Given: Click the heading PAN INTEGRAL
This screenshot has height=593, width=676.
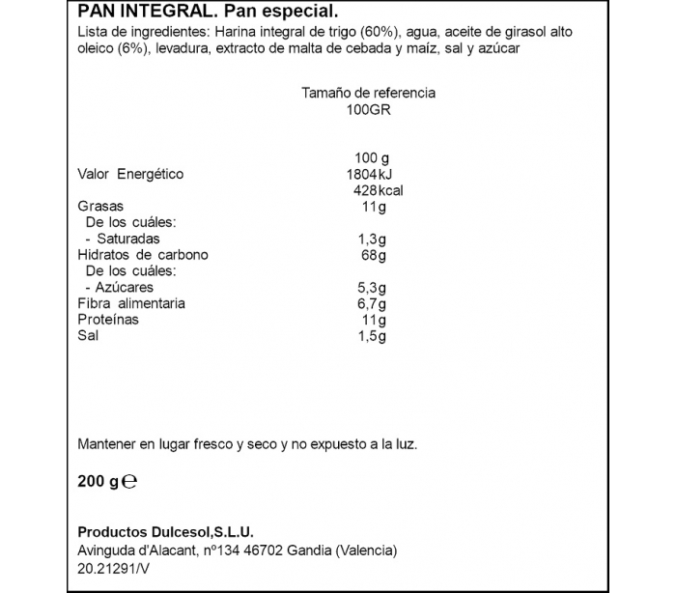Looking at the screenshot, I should coord(141,13).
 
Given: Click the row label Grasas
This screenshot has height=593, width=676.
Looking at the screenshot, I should coord(99,207).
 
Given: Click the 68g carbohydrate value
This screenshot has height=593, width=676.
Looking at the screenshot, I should coord(371,255).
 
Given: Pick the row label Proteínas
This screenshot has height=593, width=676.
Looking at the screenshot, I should coord(107,319).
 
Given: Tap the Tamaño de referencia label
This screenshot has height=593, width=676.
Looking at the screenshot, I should coord(369,93).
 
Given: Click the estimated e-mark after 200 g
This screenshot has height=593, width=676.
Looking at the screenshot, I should coord(131,480).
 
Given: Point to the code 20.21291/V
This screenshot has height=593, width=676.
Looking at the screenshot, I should coord(115,569).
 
